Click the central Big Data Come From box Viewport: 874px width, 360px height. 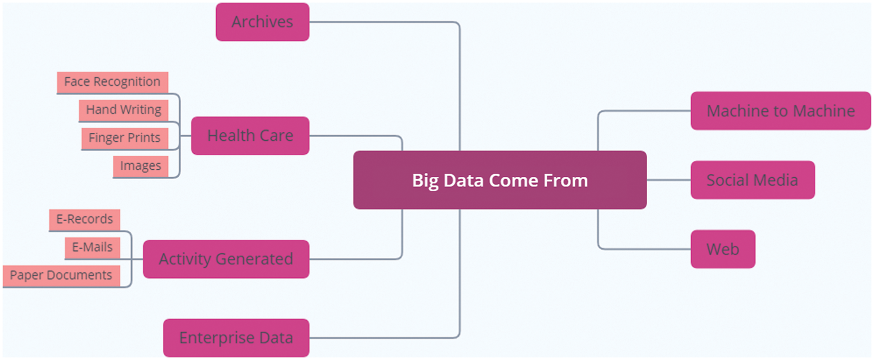tap(500, 180)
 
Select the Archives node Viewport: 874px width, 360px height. tap(262, 22)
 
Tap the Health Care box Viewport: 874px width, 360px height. tap(250, 136)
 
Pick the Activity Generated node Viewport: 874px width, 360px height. tap(226, 259)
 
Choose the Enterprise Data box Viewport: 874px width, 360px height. tap(236, 338)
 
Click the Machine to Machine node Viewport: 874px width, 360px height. tap(781, 111)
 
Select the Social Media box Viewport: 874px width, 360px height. tap(753, 180)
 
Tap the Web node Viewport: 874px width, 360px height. tap(723, 249)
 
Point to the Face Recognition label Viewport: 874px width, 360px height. tap(112, 82)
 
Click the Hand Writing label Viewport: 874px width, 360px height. tap(123, 110)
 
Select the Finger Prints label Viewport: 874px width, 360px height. tap(124, 138)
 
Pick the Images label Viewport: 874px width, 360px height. tap(140, 166)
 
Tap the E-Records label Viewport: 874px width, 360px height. tap(84, 220)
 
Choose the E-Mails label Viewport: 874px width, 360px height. tap(92, 248)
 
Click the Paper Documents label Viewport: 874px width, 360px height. tap(61, 276)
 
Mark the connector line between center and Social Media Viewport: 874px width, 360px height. tap(669, 180)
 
